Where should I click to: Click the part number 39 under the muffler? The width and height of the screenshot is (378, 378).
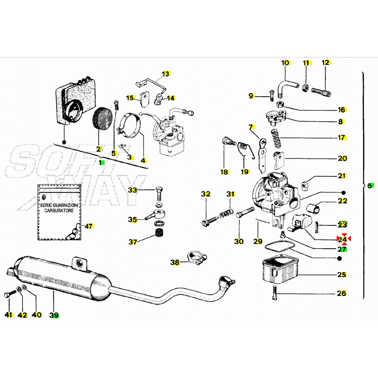[54, 315]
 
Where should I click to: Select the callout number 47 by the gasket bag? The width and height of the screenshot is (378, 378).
[89, 226]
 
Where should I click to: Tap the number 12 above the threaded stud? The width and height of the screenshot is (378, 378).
[325, 63]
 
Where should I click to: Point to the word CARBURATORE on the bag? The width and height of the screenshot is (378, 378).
[59, 210]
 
